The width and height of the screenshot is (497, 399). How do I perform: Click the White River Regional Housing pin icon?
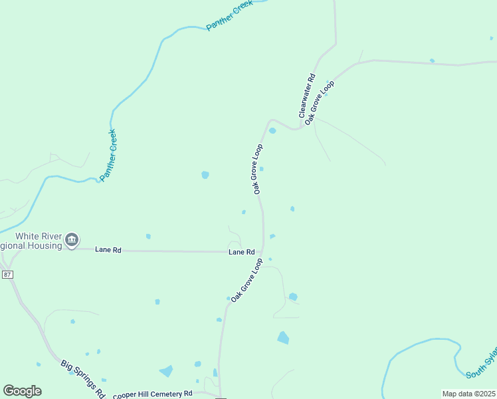[72, 239]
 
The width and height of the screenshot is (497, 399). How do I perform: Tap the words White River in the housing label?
[39, 236]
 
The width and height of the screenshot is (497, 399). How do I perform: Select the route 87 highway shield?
[7, 275]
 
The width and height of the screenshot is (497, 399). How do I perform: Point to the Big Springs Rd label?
[83, 378]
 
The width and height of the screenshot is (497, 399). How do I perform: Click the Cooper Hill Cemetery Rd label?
[152, 394]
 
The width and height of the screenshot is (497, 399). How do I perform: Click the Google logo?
[22, 390]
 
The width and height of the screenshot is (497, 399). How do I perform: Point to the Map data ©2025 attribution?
[468, 393]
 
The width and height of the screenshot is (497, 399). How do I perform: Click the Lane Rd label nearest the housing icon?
[108, 250]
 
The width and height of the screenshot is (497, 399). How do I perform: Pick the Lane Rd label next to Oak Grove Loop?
[242, 252]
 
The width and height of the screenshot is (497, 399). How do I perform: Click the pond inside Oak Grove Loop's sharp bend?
[272, 130]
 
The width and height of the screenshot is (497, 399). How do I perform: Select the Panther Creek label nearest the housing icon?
[108, 155]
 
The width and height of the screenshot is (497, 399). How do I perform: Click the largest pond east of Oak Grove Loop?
[283, 338]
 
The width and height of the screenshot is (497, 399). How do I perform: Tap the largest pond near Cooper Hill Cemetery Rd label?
[166, 371]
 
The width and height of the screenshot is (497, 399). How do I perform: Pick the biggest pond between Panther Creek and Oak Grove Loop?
[205, 175]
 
